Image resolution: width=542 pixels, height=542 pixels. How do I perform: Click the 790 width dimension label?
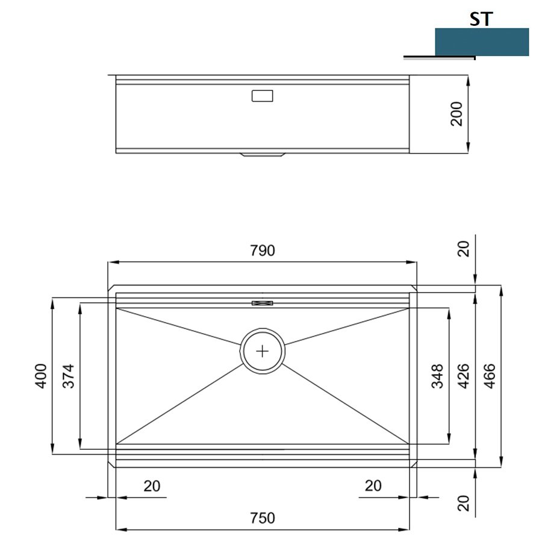(x=263, y=251)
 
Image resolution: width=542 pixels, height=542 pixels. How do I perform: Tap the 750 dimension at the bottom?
(x=263, y=518)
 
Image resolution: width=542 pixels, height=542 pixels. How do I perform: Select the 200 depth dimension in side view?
(x=456, y=114)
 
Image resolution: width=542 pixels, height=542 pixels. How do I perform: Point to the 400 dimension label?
(x=41, y=376)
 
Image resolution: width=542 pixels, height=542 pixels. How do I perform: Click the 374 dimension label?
(x=69, y=376)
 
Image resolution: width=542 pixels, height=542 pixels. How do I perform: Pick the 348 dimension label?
(x=437, y=376)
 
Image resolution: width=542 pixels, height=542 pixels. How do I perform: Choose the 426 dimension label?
(x=463, y=376)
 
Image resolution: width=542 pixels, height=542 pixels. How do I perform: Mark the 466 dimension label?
(x=490, y=376)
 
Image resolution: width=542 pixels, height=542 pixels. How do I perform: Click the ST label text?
(x=481, y=19)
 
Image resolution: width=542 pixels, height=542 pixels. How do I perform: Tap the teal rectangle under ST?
(x=482, y=42)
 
